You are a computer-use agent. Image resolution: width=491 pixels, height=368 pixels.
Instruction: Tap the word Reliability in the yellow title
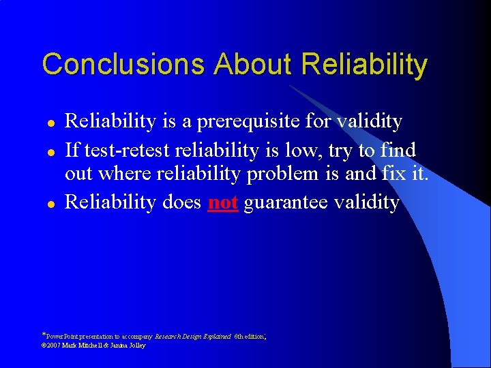pyautogui.click(x=365, y=65)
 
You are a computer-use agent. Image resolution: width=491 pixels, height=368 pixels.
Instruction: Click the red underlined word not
pyautogui.click(x=222, y=202)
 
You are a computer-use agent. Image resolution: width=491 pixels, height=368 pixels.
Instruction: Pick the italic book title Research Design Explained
pyautogui.click(x=193, y=337)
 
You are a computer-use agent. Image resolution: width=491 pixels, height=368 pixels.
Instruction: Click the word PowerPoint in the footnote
pyautogui.click(x=62, y=337)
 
